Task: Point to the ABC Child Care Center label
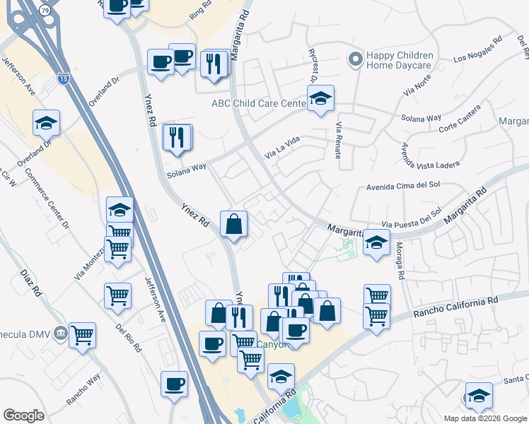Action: tap(257, 103)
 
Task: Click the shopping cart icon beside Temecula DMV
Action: tap(82, 336)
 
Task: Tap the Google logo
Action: tap(23, 416)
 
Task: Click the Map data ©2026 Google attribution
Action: tap(484, 418)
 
